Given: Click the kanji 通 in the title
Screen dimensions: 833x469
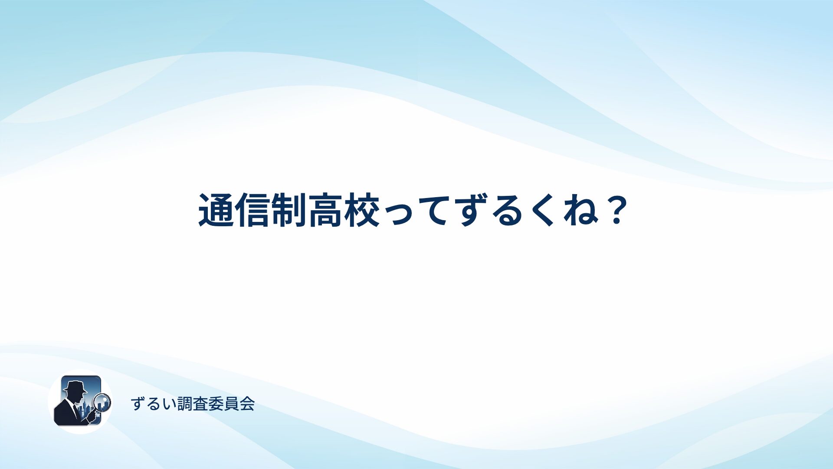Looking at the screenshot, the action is [216, 211].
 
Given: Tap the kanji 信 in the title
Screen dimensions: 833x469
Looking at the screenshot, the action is [253, 211].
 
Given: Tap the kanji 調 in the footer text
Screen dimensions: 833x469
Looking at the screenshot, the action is [185, 404].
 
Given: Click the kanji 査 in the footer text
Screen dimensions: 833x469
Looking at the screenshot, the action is [200, 404].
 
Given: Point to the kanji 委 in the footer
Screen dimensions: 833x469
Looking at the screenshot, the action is [216, 404].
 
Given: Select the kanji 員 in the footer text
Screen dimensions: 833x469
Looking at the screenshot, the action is [232, 404].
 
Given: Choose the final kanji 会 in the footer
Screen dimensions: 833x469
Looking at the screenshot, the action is [247, 404].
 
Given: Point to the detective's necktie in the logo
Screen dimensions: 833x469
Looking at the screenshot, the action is [77, 411].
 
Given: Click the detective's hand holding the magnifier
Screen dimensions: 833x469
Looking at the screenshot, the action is [91, 416].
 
